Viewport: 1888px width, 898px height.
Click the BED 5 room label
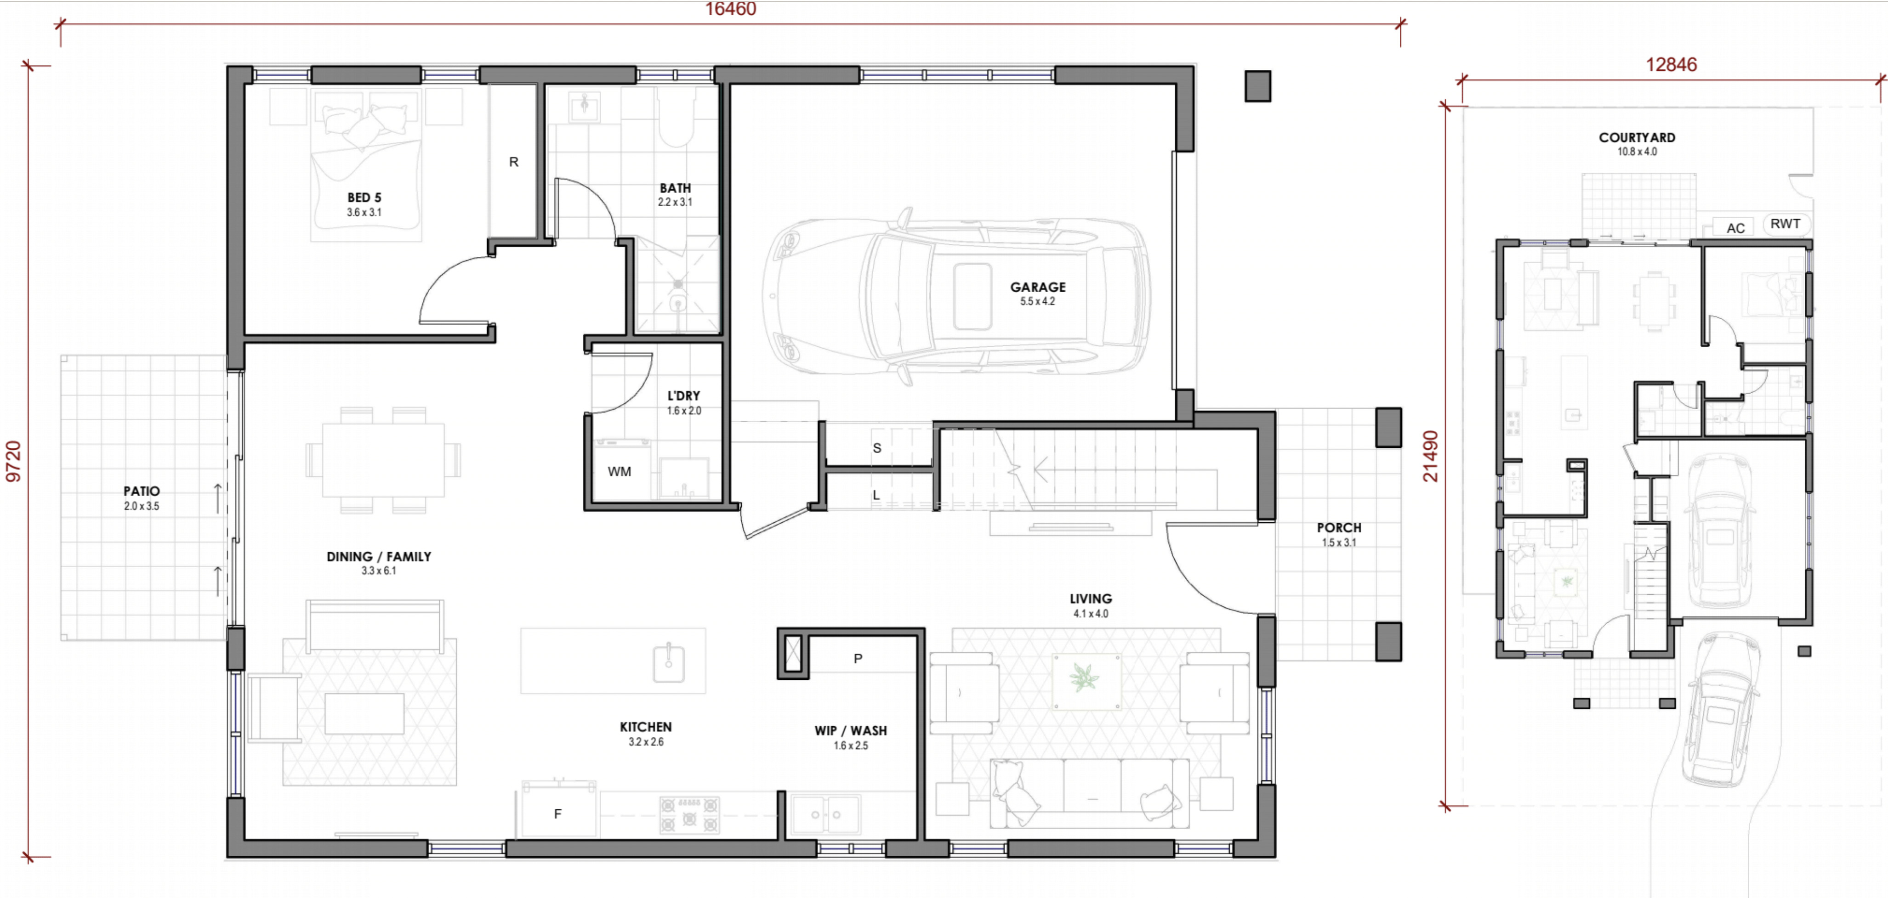click(364, 198)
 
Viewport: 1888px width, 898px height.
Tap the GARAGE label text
click(1038, 287)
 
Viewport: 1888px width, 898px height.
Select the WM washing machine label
click(620, 472)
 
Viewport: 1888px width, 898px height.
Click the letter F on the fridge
click(558, 814)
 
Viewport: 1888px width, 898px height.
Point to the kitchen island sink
click(668, 662)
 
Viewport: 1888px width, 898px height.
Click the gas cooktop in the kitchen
click(689, 814)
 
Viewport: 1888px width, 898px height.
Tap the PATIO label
click(142, 491)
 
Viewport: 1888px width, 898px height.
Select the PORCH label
click(1339, 528)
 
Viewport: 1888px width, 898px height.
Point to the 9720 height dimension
click(13, 462)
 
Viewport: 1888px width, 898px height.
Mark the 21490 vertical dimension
click(1430, 456)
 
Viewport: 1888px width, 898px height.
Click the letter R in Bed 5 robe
click(514, 162)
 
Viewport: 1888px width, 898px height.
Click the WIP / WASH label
click(850, 731)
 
